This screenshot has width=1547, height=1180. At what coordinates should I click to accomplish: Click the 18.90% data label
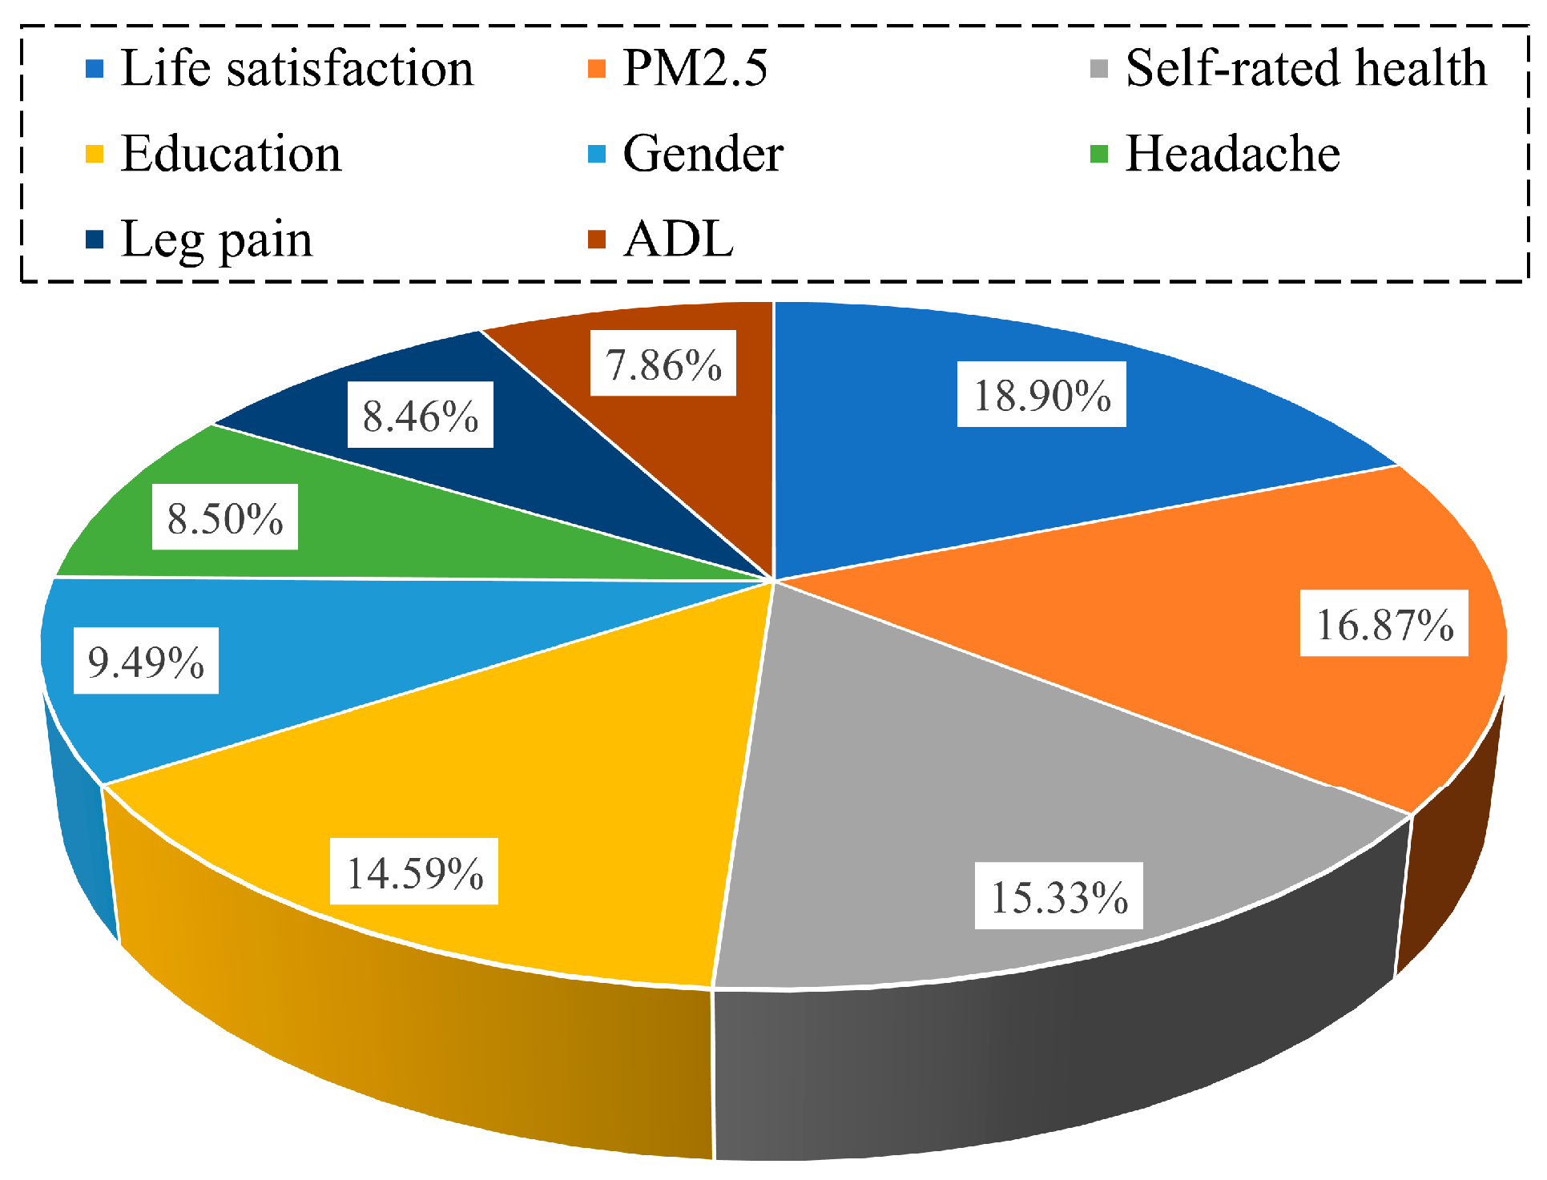[x=1041, y=395]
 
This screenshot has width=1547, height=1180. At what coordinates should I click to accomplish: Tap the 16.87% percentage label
[x=1384, y=624]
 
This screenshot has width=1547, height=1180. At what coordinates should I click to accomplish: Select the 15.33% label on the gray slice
[x=1059, y=896]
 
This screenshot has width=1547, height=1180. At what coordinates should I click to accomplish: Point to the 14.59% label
[x=414, y=872]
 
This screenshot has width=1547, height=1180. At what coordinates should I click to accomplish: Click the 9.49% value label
[x=146, y=662]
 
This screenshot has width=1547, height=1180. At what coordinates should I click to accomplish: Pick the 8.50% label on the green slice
[x=225, y=518]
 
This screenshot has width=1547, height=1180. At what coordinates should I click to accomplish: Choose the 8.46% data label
[x=421, y=416]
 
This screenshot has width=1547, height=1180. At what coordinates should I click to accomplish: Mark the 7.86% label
[x=663, y=364]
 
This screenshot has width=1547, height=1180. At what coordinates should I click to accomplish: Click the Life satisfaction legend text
[x=297, y=68]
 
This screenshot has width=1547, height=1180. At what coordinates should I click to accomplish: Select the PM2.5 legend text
[x=695, y=68]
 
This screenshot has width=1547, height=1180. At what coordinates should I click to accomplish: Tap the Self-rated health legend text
[x=1306, y=68]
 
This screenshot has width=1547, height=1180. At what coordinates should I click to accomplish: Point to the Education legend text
[x=232, y=154]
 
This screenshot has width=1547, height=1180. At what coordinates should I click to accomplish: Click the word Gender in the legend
[x=703, y=154]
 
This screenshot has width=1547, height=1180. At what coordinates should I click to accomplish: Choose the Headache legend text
[x=1233, y=154]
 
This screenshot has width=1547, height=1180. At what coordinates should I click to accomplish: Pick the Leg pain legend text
[x=216, y=240]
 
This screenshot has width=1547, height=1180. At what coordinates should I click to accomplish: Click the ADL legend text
[x=679, y=240]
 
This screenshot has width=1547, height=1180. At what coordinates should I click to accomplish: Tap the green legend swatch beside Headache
[x=1099, y=153]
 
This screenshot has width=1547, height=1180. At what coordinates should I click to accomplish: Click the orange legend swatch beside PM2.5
[x=597, y=68]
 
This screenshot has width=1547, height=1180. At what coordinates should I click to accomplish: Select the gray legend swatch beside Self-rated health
[x=1099, y=68]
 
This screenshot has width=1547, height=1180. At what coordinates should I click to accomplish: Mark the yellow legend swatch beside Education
[x=95, y=153]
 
